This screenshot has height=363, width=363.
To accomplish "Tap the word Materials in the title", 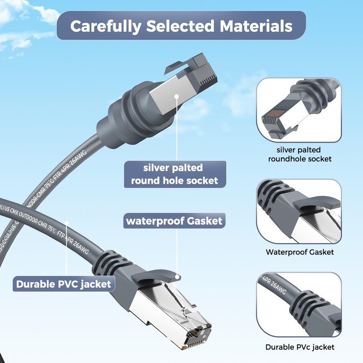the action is tap(256, 26).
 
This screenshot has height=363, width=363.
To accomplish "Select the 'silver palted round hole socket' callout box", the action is tap(175, 174).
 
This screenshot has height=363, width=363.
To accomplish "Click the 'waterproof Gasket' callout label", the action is tap(174, 221).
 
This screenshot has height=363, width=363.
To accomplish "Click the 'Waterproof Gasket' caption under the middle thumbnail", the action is tap(300, 252).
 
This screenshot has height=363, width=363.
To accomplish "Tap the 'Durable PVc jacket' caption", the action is tap(300, 347).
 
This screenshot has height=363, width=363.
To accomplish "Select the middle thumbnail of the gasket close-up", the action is tap(299, 211).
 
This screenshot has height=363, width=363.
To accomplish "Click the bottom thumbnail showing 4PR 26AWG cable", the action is tap(299, 304).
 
